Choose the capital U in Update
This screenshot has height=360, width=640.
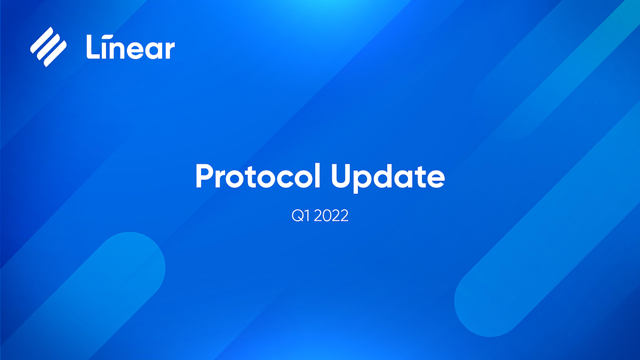(340, 177)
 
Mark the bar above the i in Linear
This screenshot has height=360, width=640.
(107, 37)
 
